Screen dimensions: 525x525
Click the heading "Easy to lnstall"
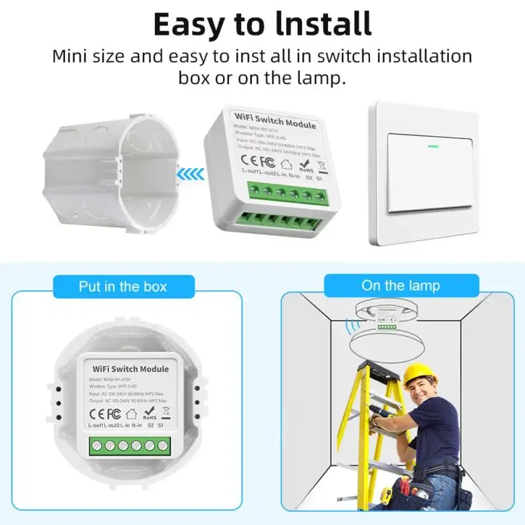(262, 24)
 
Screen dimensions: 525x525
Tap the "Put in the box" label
(123, 286)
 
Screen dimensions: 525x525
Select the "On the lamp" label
(400, 285)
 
